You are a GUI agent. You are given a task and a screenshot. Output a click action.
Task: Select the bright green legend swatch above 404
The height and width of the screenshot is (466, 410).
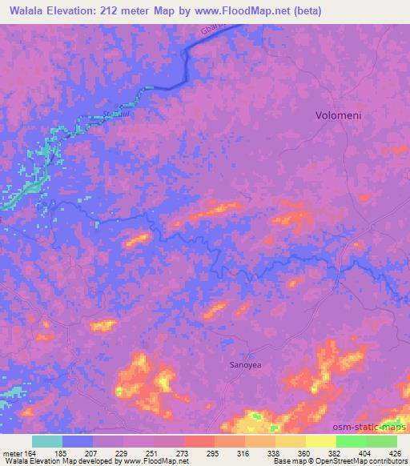(351, 441)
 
